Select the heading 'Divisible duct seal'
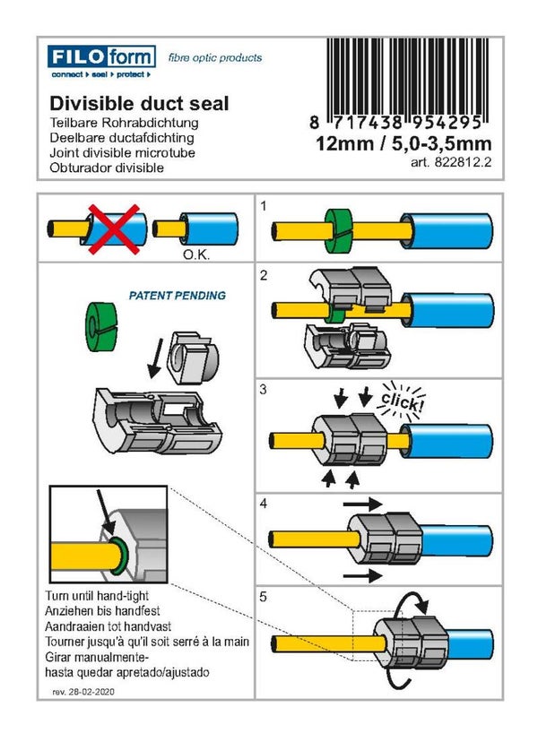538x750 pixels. pyautogui.click(x=139, y=104)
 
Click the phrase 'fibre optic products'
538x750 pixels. pyautogui.click(x=215, y=57)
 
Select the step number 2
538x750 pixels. pyautogui.click(x=264, y=276)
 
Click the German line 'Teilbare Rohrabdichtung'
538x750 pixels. pyautogui.click(x=122, y=123)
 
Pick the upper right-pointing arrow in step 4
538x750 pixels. pyautogui.click(x=366, y=504)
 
